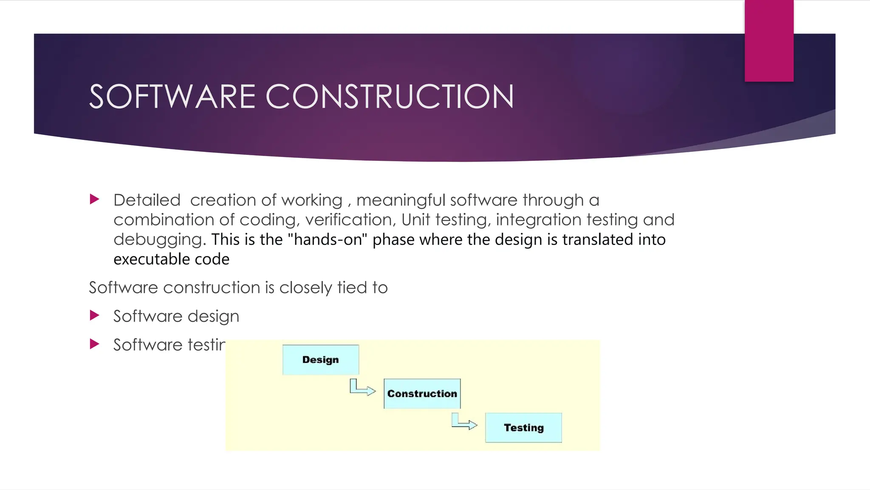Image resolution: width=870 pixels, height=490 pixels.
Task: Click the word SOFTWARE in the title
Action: [x=172, y=97]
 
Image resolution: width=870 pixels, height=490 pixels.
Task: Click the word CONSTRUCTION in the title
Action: [x=390, y=97]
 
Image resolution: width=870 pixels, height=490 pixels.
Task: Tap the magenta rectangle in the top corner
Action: [x=769, y=40]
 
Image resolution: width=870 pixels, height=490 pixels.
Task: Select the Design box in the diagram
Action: [x=321, y=360]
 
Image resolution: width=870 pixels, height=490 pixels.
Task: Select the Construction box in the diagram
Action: [x=422, y=394]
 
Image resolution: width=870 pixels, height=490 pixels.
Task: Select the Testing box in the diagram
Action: [x=523, y=427]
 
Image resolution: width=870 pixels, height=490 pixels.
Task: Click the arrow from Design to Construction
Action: [x=362, y=388]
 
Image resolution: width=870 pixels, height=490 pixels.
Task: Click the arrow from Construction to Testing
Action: [x=464, y=422]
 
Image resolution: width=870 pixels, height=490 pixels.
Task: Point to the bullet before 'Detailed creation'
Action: [x=95, y=199]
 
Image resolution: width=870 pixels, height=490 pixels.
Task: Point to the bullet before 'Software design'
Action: [x=95, y=315]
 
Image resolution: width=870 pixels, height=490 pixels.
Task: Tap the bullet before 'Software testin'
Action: [x=95, y=344]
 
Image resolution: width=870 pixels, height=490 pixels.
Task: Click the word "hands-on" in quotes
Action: [x=327, y=239]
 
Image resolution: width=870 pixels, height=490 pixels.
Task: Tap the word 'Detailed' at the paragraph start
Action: [x=147, y=200]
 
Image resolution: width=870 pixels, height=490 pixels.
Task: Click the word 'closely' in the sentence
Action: [x=305, y=288]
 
